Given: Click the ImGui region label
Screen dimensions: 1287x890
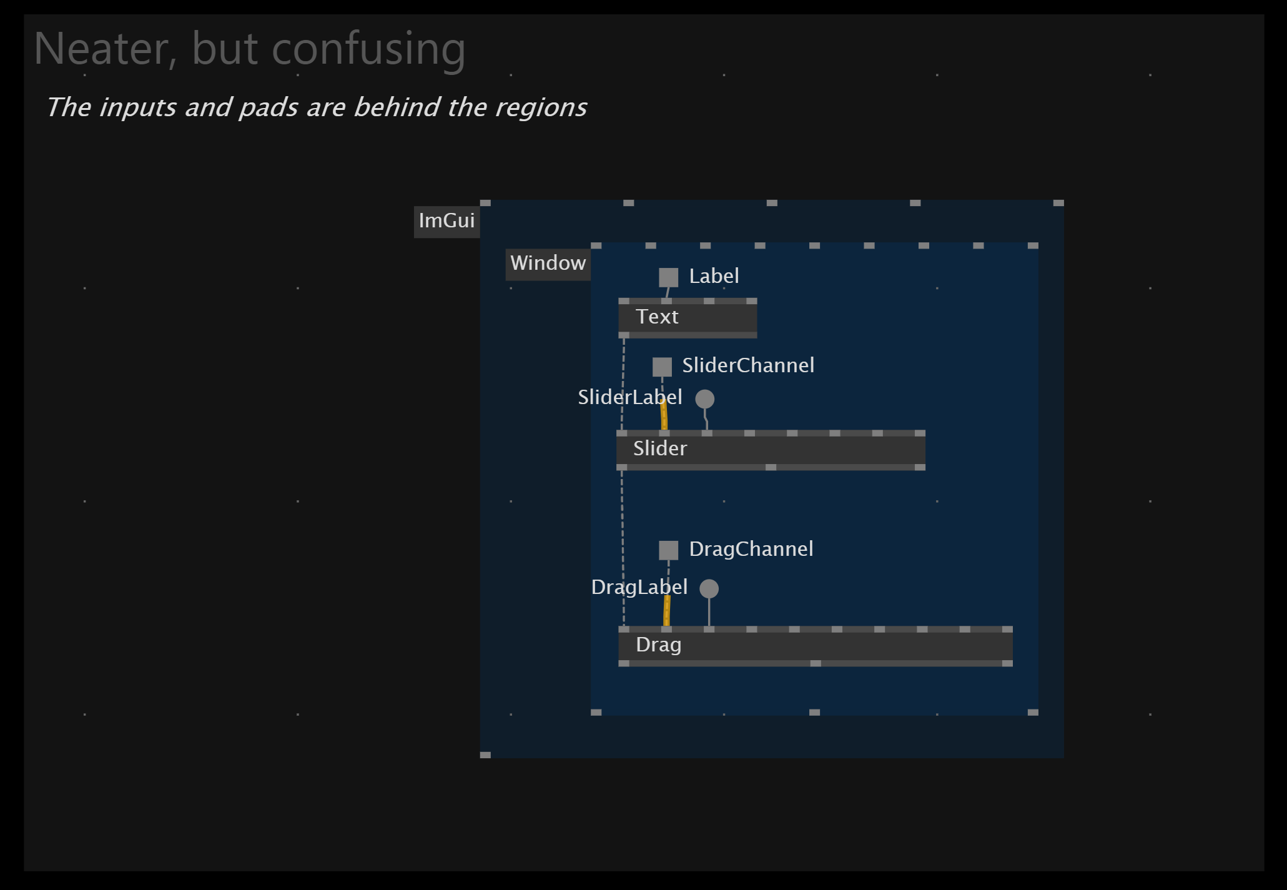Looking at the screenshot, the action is click(446, 221).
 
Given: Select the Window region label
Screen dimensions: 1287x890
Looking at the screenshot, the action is click(548, 264).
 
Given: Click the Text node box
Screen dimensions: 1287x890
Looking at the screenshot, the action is click(688, 318).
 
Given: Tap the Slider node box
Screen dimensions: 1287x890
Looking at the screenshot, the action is click(771, 450).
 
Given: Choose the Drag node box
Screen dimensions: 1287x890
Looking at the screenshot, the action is click(815, 646).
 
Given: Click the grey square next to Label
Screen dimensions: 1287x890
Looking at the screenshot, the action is click(668, 277).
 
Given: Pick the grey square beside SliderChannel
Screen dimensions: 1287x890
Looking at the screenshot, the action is click(662, 367).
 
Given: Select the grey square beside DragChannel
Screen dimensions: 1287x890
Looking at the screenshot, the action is click(668, 550).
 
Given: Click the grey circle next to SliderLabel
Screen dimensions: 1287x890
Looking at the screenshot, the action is click(704, 398).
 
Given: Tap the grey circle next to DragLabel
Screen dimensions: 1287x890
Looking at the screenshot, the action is click(709, 588).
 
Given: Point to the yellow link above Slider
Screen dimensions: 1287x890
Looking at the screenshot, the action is click(664, 415).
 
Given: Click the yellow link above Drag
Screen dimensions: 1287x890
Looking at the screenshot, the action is click(667, 611).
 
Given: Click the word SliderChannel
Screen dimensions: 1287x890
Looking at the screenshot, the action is click(748, 365).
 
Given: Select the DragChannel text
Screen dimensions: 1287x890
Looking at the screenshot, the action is click(751, 549).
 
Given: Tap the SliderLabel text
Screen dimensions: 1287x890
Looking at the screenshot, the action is click(629, 397).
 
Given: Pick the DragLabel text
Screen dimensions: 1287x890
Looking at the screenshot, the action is click(639, 587).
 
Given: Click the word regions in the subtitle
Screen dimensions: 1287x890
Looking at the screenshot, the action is click(541, 107).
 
